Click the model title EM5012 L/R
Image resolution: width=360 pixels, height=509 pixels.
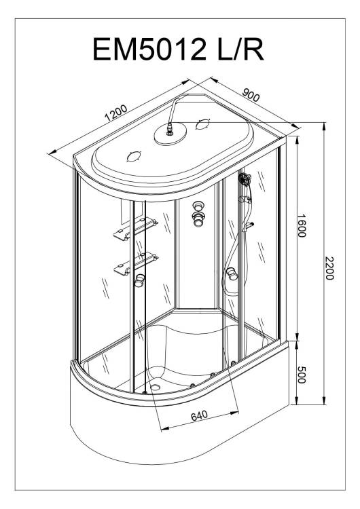click(x=178, y=49)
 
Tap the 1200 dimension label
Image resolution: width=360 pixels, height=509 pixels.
click(x=116, y=113)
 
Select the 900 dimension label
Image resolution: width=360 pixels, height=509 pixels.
click(x=251, y=94)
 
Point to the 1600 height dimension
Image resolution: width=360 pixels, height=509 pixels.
click(x=302, y=225)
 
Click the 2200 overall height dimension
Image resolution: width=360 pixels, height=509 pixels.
click(x=329, y=268)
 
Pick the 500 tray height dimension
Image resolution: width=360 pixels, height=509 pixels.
click(x=302, y=375)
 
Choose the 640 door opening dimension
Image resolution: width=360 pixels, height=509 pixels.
click(x=199, y=416)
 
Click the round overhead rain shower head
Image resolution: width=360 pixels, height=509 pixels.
click(x=170, y=134)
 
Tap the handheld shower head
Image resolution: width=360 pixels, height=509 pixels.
click(x=245, y=178)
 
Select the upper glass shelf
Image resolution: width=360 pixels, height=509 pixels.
click(x=135, y=229)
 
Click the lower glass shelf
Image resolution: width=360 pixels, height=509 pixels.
click(x=136, y=263)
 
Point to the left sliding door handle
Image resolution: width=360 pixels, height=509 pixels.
click(x=140, y=280)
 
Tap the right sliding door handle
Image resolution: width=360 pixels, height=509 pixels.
click(x=232, y=274)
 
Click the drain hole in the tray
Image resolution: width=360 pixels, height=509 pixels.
click(x=156, y=388)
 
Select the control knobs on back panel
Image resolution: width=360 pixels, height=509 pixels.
click(x=198, y=214)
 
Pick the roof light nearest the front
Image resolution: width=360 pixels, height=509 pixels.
click(x=134, y=157)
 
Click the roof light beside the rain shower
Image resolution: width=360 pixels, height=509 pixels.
click(x=202, y=124)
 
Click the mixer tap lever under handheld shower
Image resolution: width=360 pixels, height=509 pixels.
click(x=249, y=225)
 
